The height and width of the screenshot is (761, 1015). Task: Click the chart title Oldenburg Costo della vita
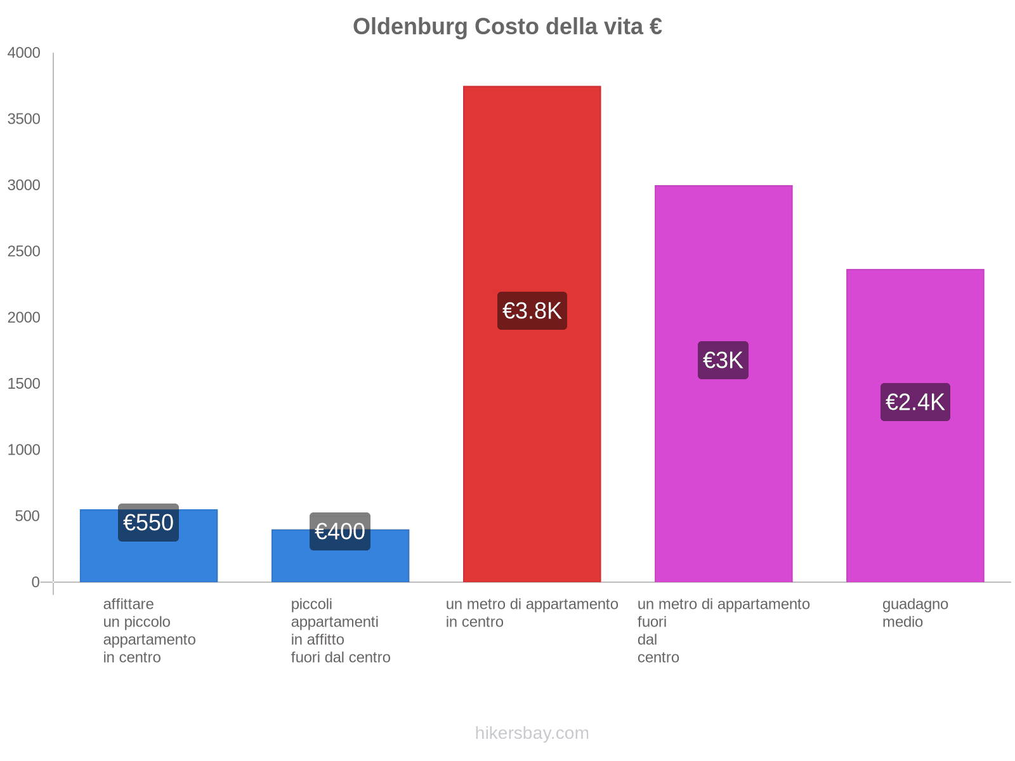point(507,27)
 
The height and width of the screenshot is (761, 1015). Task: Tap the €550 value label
point(148,523)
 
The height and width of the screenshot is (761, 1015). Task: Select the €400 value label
point(340,531)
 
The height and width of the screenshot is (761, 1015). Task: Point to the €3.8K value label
point(532,311)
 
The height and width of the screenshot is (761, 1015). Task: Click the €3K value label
point(723,360)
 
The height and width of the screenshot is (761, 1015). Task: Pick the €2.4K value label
point(915,402)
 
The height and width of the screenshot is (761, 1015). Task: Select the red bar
point(532,190)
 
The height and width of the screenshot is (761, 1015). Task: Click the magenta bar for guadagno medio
point(915,495)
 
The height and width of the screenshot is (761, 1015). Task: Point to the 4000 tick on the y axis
point(24,53)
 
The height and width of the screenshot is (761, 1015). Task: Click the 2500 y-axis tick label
point(24,252)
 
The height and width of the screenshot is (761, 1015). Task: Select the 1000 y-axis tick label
point(24,450)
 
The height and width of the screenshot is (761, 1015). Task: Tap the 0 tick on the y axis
point(36,582)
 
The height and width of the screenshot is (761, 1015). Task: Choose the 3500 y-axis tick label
point(24,119)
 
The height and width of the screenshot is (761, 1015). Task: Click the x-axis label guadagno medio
point(915,613)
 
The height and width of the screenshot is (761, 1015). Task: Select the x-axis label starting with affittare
point(149,630)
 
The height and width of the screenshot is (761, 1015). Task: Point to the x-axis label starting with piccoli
point(340,630)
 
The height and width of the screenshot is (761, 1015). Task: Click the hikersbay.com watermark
point(532,733)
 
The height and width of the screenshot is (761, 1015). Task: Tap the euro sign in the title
point(655,27)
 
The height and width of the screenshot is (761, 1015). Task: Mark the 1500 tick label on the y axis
point(24,384)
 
